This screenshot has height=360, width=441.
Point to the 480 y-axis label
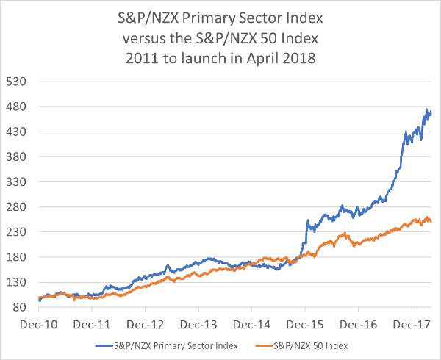click(17, 107)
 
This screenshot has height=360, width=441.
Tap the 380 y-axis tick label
click(17, 157)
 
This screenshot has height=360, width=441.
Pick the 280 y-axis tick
click(17, 207)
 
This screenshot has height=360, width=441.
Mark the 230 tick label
click(17, 232)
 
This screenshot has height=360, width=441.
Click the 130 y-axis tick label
click(17, 282)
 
